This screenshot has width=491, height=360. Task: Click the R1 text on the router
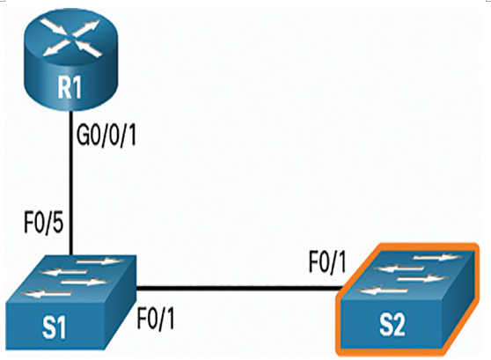click(70, 88)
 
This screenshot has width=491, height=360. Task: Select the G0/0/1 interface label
click(106, 136)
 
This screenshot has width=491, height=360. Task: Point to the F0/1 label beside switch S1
click(156, 319)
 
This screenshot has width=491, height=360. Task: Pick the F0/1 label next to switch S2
click(327, 262)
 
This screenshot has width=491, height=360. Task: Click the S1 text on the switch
click(55, 328)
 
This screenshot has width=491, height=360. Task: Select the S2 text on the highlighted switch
click(392, 326)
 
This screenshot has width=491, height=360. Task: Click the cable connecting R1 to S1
click(71, 183)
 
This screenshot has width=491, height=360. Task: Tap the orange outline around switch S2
click(407, 246)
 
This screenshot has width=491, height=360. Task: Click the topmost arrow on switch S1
click(99, 261)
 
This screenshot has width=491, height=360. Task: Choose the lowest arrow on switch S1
click(47, 294)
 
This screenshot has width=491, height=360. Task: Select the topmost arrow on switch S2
click(437, 258)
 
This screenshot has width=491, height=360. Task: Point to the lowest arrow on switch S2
click(382, 290)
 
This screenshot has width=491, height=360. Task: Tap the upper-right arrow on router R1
click(87, 28)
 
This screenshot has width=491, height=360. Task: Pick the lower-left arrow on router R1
click(55, 48)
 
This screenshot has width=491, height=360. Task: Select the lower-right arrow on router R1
click(90, 49)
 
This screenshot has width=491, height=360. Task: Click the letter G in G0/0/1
click(83, 136)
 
